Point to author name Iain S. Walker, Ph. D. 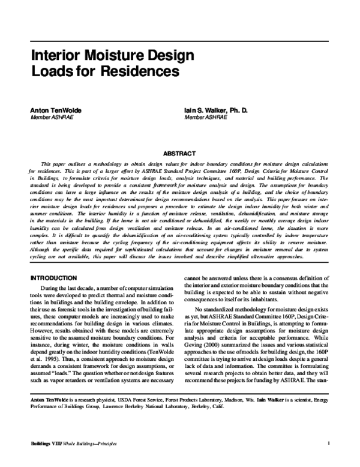pyautogui.click(x=217, y=112)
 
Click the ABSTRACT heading pyautogui.click(x=180, y=154)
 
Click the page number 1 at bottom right pyautogui.click(x=330, y=444)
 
